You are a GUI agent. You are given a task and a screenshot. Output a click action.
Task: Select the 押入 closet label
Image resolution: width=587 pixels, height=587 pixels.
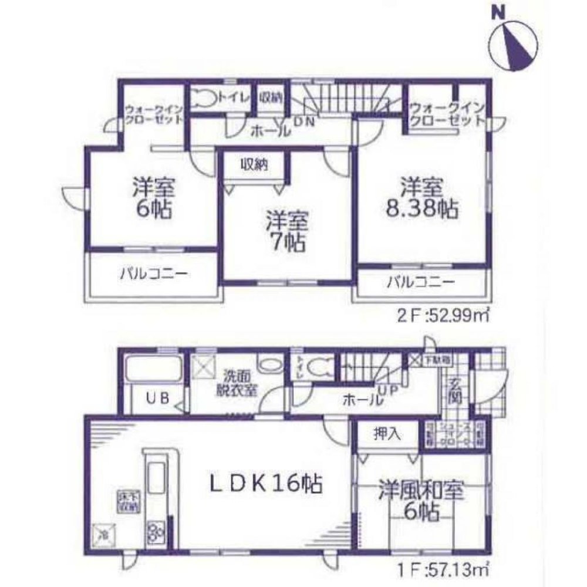(x=387, y=434)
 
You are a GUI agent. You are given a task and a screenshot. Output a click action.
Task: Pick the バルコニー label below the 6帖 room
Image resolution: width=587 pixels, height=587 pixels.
(x=154, y=274)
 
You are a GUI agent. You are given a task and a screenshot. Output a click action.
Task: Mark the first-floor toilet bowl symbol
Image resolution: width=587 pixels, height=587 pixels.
(x=321, y=366)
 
